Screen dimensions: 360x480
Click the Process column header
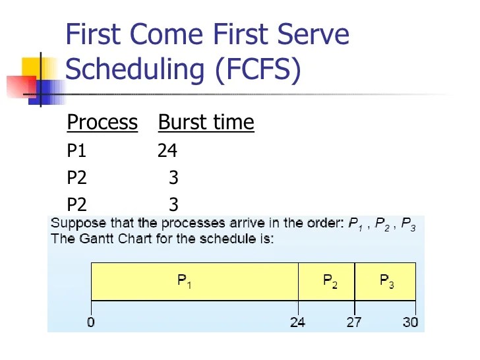102,123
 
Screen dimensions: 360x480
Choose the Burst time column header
206,123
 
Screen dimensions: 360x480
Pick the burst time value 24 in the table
167,151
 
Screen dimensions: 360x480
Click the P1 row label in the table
76,151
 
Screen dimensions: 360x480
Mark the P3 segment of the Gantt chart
386,282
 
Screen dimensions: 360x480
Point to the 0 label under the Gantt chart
90,322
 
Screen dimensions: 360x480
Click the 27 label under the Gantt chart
355,322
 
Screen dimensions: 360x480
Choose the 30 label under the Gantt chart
411,322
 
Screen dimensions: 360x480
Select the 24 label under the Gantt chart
297,322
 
